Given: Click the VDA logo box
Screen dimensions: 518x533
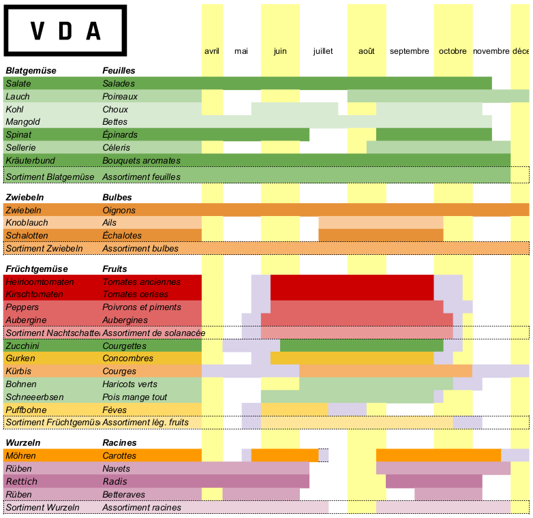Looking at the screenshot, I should pyautogui.click(x=65, y=31).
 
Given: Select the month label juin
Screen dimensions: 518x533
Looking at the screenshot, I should pyautogui.click(x=280, y=51).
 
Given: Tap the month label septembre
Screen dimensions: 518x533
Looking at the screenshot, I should pyautogui.click(x=410, y=51).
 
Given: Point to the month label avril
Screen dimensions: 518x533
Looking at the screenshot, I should pyautogui.click(x=212, y=51).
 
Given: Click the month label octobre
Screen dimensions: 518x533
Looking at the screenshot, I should pyautogui.click(x=453, y=51).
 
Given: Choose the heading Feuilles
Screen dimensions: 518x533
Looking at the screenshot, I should pyautogui.click(x=119, y=70).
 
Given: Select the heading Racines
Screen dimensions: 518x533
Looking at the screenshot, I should pyautogui.click(x=119, y=442).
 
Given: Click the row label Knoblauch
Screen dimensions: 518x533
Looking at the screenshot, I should pyautogui.click(x=26, y=223).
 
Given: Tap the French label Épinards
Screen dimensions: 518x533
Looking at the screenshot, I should pyautogui.click(x=120, y=134).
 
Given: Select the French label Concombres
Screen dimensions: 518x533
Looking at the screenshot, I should pyautogui.click(x=127, y=359).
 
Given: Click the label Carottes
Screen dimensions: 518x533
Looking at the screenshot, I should pyautogui.click(x=120, y=455).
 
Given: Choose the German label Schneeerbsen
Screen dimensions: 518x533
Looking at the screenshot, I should pyautogui.click(x=34, y=397).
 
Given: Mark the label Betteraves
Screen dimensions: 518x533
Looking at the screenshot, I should pyautogui.click(x=123, y=495).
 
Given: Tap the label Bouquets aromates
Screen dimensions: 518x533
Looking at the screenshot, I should pyautogui.click(x=141, y=160).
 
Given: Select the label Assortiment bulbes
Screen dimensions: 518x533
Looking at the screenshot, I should pyautogui.click(x=140, y=248).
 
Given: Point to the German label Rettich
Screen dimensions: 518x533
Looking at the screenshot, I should pyautogui.click(x=22, y=482).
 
